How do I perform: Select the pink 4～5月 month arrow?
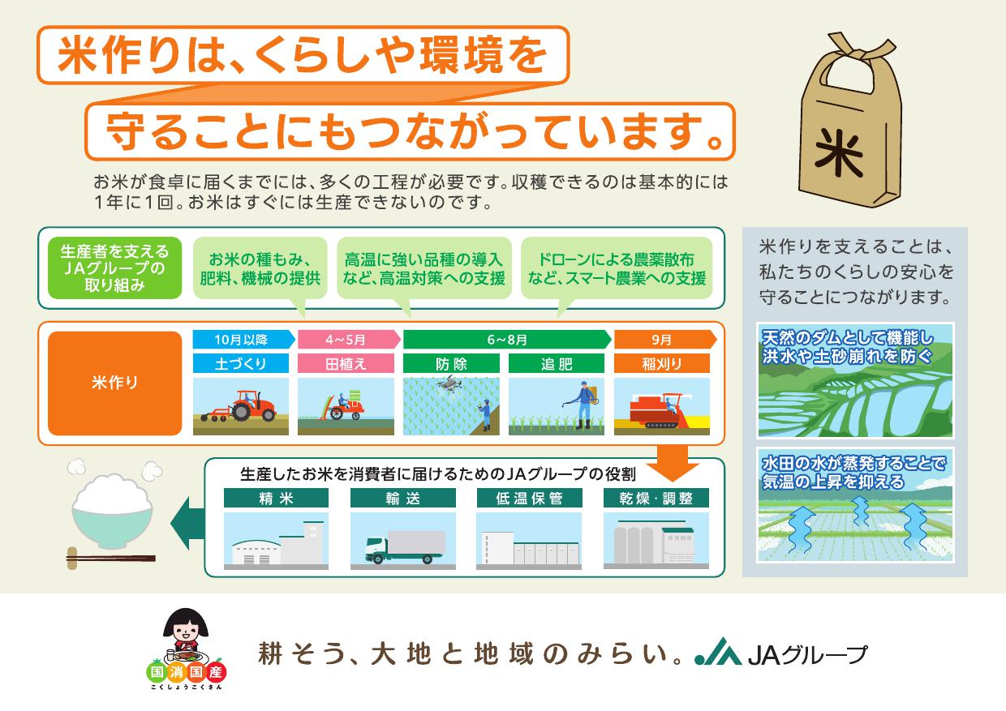pyautogui.click(x=349, y=340)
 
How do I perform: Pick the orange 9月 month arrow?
pyautogui.click(x=665, y=340)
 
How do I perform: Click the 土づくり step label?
pyautogui.click(x=241, y=363)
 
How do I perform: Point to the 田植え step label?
pyautogui.click(x=346, y=363)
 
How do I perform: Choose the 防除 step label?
pyautogui.click(x=451, y=363)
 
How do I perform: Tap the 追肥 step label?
pyautogui.click(x=557, y=363)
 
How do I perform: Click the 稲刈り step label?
pyautogui.click(x=662, y=363)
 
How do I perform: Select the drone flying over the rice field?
pyautogui.click(x=448, y=385)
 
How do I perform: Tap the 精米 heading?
pyautogui.click(x=276, y=498)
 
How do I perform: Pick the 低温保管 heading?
pyautogui.click(x=529, y=498)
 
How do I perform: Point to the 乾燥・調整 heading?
pyautogui.click(x=656, y=498)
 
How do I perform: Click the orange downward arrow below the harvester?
pyautogui.click(x=673, y=463)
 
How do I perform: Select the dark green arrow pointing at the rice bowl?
pyautogui.click(x=187, y=523)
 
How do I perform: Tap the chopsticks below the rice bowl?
pyautogui.click(x=111, y=559)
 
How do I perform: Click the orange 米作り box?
pyautogui.click(x=115, y=383)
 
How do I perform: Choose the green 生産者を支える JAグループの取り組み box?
pyautogui.click(x=115, y=268)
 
